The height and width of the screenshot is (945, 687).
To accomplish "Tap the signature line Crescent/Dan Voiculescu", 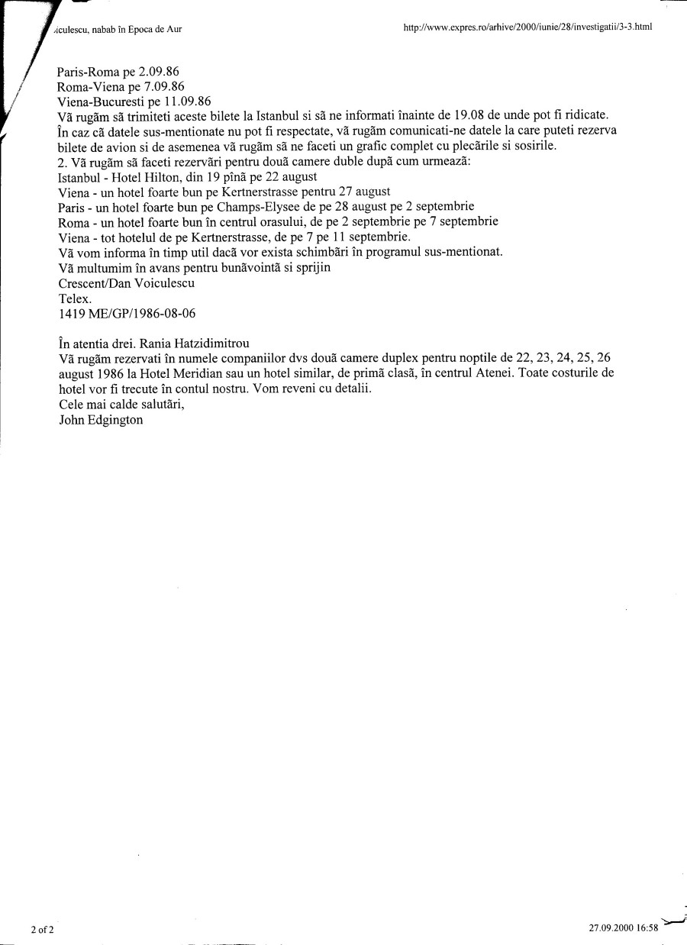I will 126,282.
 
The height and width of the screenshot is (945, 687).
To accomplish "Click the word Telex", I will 75,298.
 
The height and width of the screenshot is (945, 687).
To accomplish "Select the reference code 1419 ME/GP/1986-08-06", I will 120,313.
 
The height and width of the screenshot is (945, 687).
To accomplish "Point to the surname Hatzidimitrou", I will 206,343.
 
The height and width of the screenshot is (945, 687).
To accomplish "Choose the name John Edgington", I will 101,419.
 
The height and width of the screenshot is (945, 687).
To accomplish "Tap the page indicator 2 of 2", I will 42,929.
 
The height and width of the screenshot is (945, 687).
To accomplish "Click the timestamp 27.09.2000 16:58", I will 623,928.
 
